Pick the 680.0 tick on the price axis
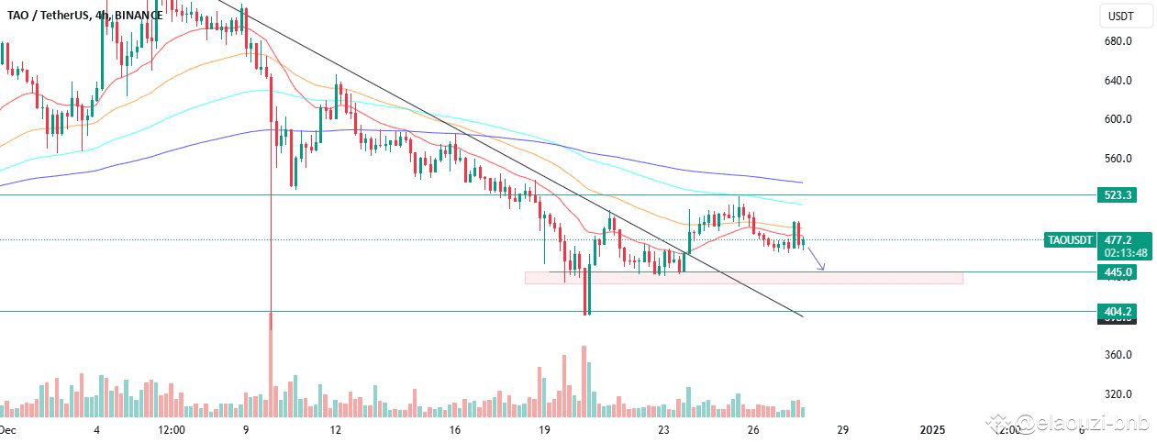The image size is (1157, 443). tap(1117, 42)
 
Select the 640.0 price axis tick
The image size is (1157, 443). tap(1117, 81)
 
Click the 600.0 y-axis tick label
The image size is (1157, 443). tap(1117, 119)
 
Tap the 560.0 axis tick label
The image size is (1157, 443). tap(1117, 159)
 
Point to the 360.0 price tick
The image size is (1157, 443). tap(1117, 355)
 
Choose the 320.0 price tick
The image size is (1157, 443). tap(1117, 394)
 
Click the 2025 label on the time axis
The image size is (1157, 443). tap(931, 429)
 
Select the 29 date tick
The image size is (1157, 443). tap(842, 429)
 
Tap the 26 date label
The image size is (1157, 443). tap(752, 429)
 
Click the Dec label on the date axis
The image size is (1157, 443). tap(7, 429)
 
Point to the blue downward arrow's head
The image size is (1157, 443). tap(822, 268)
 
